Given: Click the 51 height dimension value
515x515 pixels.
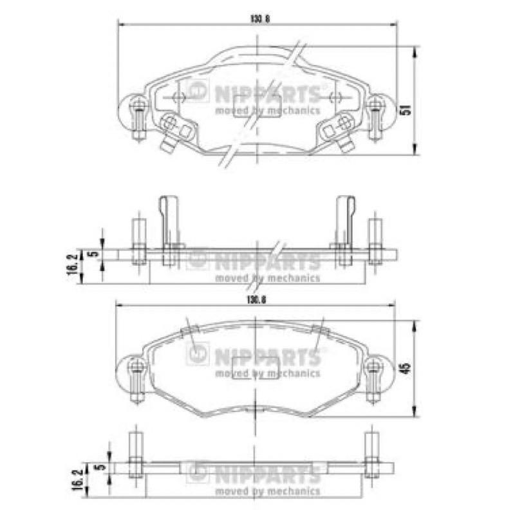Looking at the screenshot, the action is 407,109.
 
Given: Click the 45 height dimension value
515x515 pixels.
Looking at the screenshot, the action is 407,368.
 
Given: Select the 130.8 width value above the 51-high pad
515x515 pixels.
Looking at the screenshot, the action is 260,19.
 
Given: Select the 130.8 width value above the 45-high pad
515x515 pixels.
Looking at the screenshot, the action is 256,300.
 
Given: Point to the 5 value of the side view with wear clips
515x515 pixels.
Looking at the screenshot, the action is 94,254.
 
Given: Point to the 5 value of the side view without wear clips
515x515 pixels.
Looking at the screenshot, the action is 102,466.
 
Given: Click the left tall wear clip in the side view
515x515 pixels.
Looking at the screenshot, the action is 169,230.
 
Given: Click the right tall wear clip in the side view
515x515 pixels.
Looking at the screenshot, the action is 345,230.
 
